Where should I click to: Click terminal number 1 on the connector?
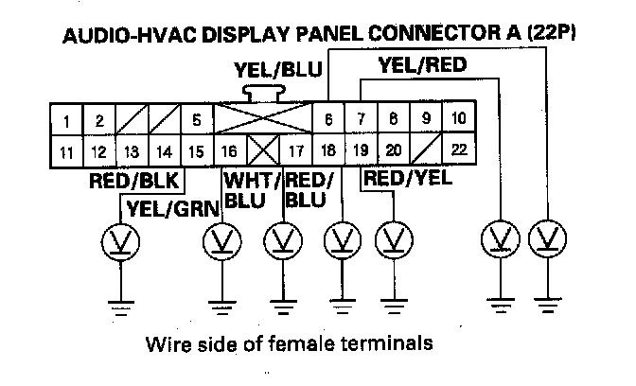(x=66, y=120)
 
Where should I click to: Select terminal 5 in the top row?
(x=196, y=120)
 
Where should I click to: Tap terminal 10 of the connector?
(x=459, y=119)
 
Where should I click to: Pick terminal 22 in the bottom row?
(x=459, y=149)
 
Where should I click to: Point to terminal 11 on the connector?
(x=66, y=149)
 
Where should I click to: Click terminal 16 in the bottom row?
(x=228, y=149)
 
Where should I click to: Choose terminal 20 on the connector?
(x=394, y=149)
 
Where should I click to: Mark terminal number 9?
(x=427, y=119)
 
